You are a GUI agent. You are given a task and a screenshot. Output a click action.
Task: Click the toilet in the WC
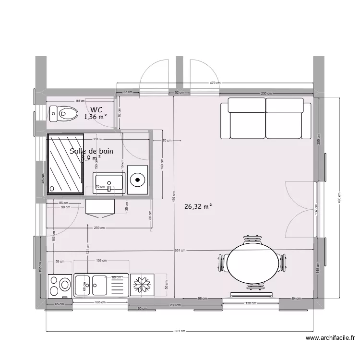pyautogui.click(x=64, y=114)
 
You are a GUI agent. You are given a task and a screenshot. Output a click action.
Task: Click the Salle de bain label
pyautogui.click(x=92, y=151)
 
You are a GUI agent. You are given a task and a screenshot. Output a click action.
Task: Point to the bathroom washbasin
pyautogui.click(x=109, y=183)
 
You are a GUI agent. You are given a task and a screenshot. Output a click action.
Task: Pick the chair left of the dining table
pyautogui.click(x=221, y=263)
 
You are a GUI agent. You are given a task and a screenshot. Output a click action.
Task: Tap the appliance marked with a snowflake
pyautogui.click(x=142, y=285)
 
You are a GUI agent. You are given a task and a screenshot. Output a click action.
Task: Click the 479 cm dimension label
pyautogui.click(x=215, y=83)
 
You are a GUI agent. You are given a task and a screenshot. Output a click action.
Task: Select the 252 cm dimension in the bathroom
pyautogui.click(x=97, y=139)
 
